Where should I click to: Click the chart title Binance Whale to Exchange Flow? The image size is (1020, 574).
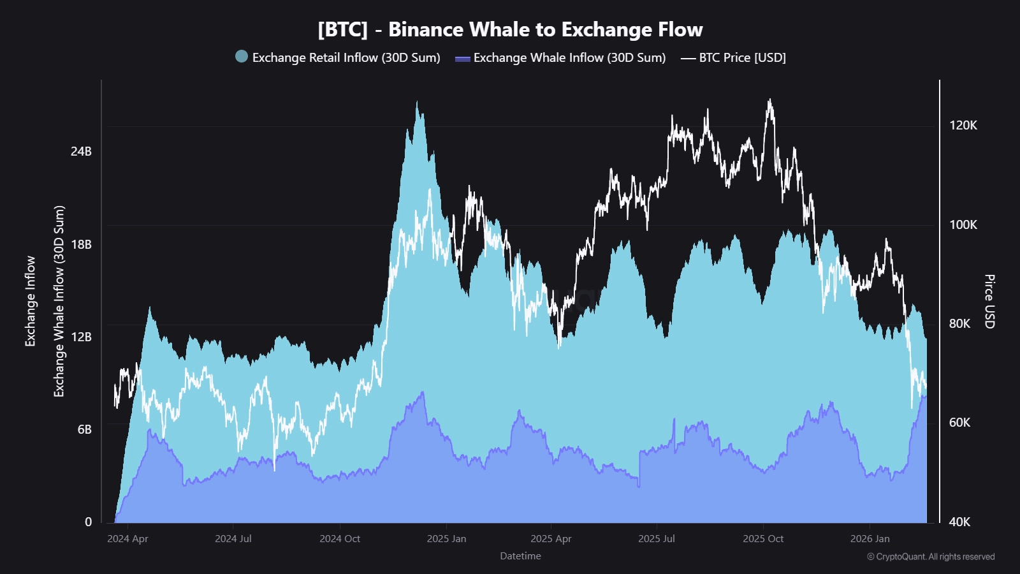[x=510, y=29]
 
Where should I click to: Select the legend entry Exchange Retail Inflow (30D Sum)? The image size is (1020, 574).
[x=346, y=57]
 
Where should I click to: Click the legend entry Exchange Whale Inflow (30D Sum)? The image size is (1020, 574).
[x=569, y=57]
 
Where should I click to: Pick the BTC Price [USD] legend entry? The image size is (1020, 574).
[x=742, y=57]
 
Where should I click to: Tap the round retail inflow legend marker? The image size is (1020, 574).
[x=242, y=56]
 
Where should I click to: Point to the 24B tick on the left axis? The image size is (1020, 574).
[x=81, y=151]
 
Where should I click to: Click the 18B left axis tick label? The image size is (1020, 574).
[x=81, y=244]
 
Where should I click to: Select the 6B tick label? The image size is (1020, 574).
[x=85, y=429]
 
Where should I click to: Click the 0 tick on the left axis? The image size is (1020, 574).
[x=89, y=522]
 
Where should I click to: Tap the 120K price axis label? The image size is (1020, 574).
[x=963, y=125]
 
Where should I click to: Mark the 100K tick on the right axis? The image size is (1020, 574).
[x=963, y=224]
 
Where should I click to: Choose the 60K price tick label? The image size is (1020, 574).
[x=959, y=422]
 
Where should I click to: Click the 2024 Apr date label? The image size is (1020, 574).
[x=127, y=538]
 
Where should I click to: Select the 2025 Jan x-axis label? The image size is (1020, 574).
[x=446, y=538]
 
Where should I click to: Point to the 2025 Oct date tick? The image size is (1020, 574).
[x=763, y=538]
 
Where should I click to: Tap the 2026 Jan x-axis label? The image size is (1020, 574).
[x=870, y=538]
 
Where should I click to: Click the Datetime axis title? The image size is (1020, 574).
[x=520, y=556]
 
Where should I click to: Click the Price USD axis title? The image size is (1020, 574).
[x=989, y=302]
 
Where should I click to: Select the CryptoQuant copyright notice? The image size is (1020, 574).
[x=930, y=557]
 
